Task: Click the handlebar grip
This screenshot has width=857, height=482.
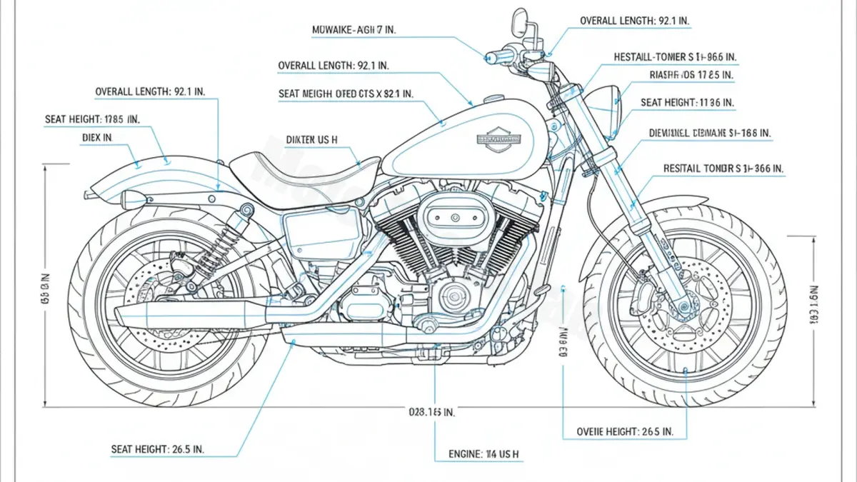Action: click(500, 56)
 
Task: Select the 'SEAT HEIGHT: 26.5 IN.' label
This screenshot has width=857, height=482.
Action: click(157, 449)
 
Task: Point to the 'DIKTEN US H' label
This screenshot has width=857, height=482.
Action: click(311, 141)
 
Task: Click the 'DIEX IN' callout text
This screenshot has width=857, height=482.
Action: click(97, 136)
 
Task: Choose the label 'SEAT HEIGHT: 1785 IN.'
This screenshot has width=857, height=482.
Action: click(92, 119)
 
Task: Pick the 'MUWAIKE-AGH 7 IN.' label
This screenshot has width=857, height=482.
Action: click(355, 30)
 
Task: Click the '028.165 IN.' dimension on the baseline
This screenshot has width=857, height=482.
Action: click(431, 412)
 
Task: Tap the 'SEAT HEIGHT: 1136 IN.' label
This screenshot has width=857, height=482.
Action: click(686, 103)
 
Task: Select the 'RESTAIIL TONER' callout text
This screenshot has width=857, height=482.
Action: click(723, 169)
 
